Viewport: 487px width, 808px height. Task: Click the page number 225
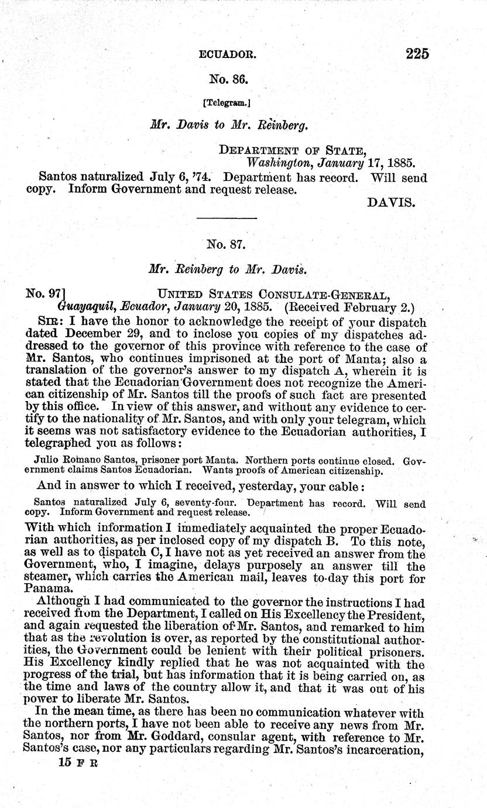point(417,54)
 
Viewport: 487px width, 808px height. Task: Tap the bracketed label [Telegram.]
point(227,102)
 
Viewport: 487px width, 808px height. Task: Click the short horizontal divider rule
point(227,218)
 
